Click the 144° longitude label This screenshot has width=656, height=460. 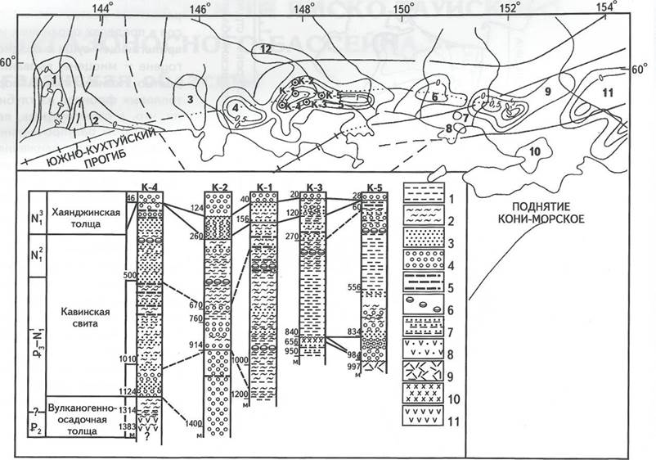pos(102,7)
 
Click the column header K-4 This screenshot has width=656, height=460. pos(150,187)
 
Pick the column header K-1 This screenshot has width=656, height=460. pos(266,187)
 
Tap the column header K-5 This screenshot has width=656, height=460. pos(376,187)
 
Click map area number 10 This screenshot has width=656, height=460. pos(532,151)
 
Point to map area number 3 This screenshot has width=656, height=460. pos(189,100)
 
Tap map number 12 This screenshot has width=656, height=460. pos(266,50)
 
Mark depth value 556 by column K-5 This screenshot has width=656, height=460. pos(353,288)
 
